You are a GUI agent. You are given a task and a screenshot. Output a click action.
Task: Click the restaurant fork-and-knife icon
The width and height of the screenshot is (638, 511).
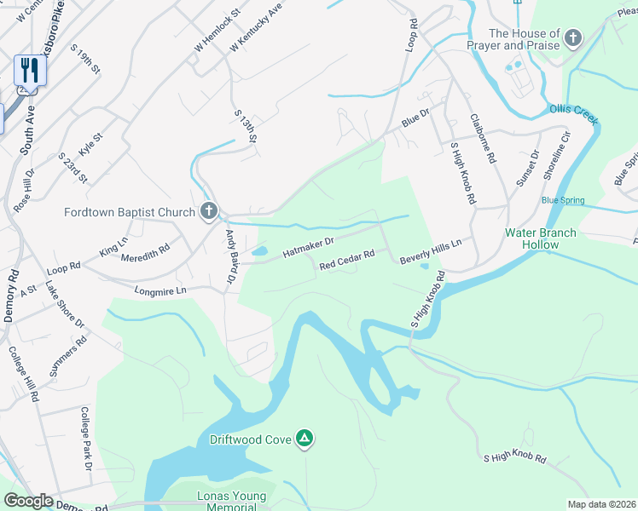(x=30, y=71)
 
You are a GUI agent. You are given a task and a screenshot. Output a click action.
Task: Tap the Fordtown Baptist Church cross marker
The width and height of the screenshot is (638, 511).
(x=208, y=212)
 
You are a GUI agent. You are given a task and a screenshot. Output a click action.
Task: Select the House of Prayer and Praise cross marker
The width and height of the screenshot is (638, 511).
(x=572, y=38)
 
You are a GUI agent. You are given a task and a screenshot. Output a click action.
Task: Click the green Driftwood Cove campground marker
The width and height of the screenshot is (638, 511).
(x=304, y=439)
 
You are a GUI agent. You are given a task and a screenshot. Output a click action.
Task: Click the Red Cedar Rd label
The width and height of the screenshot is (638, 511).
(x=347, y=261)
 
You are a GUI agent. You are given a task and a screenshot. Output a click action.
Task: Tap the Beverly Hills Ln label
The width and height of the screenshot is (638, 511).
(x=431, y=250)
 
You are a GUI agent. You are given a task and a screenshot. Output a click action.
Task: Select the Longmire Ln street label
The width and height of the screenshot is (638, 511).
(x=160, y=291)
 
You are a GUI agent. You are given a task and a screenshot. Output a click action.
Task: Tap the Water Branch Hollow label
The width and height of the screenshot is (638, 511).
(x=541, y=238)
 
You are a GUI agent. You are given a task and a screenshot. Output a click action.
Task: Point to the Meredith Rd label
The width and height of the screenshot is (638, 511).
(x=145, y=253)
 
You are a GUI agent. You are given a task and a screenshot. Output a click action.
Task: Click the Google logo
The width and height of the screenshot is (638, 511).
(x=28, y=501)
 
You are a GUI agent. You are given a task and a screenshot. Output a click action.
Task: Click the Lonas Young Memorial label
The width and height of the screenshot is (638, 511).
(x=231, y=502)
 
